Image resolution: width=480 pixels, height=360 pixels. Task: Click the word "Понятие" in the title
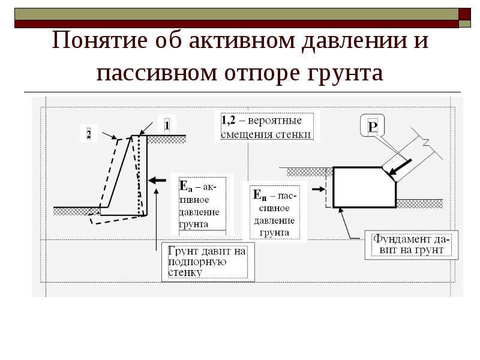(x=100, y=40)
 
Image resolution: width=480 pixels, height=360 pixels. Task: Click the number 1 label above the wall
(x=167, y=125)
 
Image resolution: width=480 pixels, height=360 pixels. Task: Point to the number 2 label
(x=88, y=134)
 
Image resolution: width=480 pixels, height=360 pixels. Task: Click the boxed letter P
(x=373, y=126)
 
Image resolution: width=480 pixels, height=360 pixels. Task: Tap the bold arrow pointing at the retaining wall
(x=157, y=181)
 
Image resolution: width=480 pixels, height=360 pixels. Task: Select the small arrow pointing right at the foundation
(x=319, y=189)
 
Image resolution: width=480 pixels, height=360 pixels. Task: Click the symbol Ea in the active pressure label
(x=185, y=186)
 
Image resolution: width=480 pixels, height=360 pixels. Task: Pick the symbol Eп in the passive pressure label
(x=260, y=196)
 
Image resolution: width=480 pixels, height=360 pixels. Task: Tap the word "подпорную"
(x=197, y=262)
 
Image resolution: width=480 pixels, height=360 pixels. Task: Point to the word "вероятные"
(x=275, y=121)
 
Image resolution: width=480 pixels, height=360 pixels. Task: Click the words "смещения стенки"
(x=266, y=134)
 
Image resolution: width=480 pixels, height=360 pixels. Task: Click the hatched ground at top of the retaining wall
(x=166, y=139)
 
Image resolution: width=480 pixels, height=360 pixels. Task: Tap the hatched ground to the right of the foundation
(x=419, y=203)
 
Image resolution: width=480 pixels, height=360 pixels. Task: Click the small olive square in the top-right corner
(x=464, y=24)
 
